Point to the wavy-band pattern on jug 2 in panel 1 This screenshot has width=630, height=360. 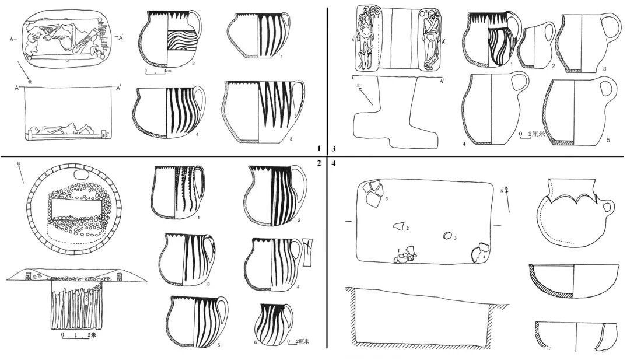click(182, 44)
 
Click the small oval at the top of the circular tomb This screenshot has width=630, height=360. click(80, 176)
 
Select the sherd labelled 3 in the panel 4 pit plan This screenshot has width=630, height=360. click(447, 236)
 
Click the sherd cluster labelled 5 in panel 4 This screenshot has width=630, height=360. click(372, 193)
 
